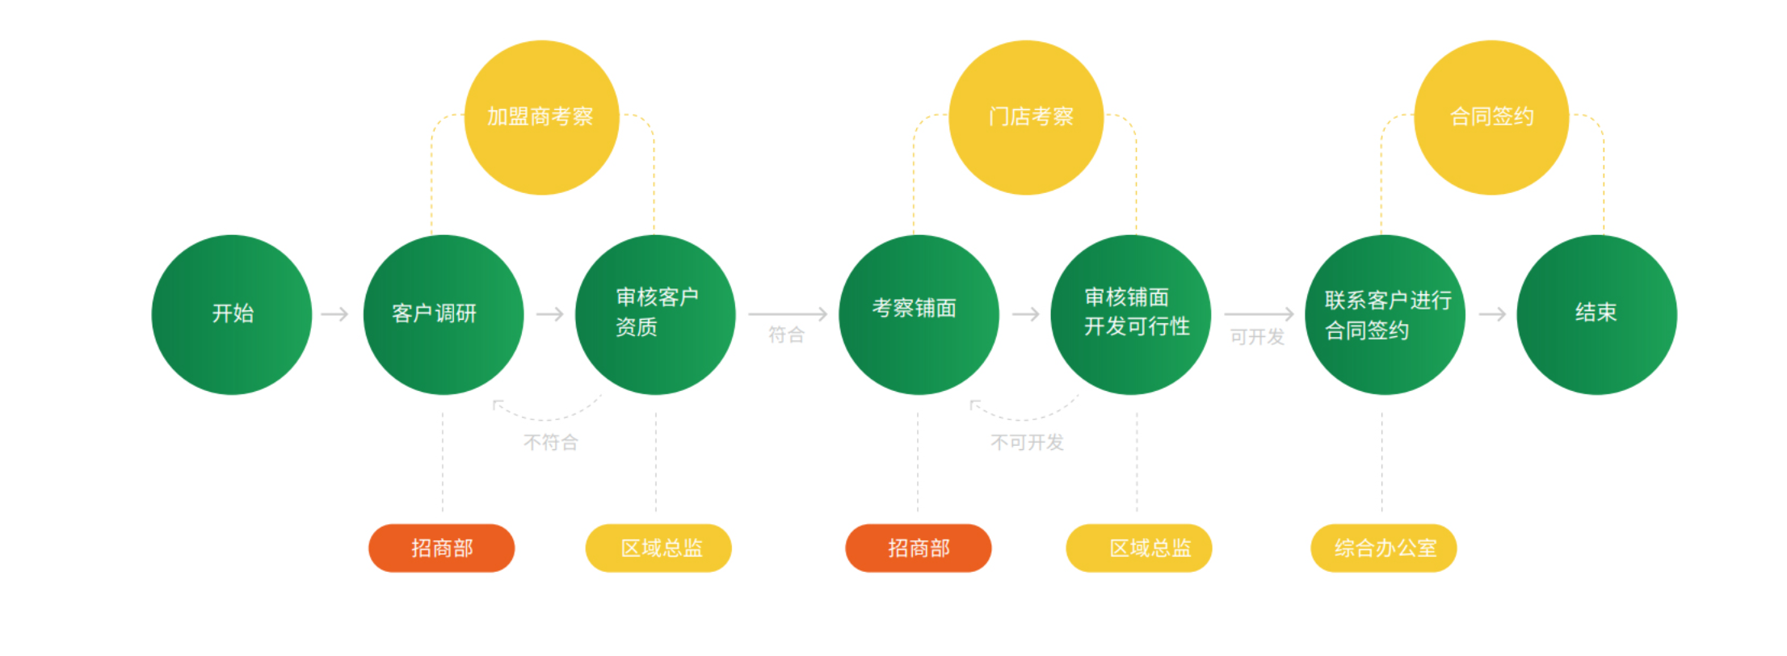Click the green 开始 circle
232,314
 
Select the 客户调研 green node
444,314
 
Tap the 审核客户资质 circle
655,314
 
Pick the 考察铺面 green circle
919,314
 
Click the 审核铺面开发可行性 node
1131,314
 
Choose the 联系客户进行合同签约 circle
1385,314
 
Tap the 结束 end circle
1596,314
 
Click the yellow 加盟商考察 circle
542,117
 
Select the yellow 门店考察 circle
1026,117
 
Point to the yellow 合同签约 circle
1491,117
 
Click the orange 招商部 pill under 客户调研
442,548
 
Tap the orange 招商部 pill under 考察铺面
919,548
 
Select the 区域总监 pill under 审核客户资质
658,548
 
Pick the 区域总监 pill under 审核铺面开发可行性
1139,548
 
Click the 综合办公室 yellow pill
1384,548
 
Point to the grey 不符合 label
551,442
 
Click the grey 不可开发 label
1028,442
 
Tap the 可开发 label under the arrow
1257,336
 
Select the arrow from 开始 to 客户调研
335,313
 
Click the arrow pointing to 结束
1493,313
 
